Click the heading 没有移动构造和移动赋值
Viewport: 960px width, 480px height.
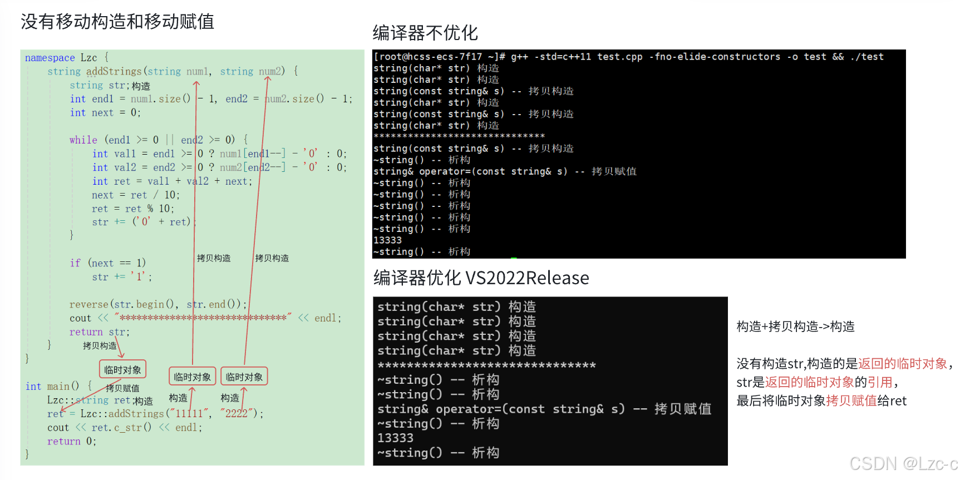[117, 22]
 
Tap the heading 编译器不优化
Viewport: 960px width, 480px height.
[425, 33]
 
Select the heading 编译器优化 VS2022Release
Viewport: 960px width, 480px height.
[481, 278]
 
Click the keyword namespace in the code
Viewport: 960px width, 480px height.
[50, 58]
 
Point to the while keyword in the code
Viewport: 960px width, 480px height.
[83, 140]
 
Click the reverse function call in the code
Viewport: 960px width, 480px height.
[88, 304]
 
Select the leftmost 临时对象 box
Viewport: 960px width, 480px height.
[122, 370]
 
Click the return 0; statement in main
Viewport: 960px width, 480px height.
[71, 441]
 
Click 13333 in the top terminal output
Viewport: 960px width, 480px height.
[387, 240]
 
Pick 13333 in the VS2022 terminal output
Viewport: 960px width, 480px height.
[395, 438]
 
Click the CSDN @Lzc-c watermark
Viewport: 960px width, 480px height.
[903, 463]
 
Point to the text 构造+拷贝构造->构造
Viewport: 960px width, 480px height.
[795, 326]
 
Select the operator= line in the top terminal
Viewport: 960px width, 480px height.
[504, 171]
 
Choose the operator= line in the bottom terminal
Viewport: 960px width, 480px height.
[544, 409]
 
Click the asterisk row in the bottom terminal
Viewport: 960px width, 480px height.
[486, 365]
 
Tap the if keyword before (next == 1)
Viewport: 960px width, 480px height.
[75, 263]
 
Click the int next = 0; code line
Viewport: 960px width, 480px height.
[105, 113]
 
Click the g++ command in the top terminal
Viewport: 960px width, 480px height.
[519, 57]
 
